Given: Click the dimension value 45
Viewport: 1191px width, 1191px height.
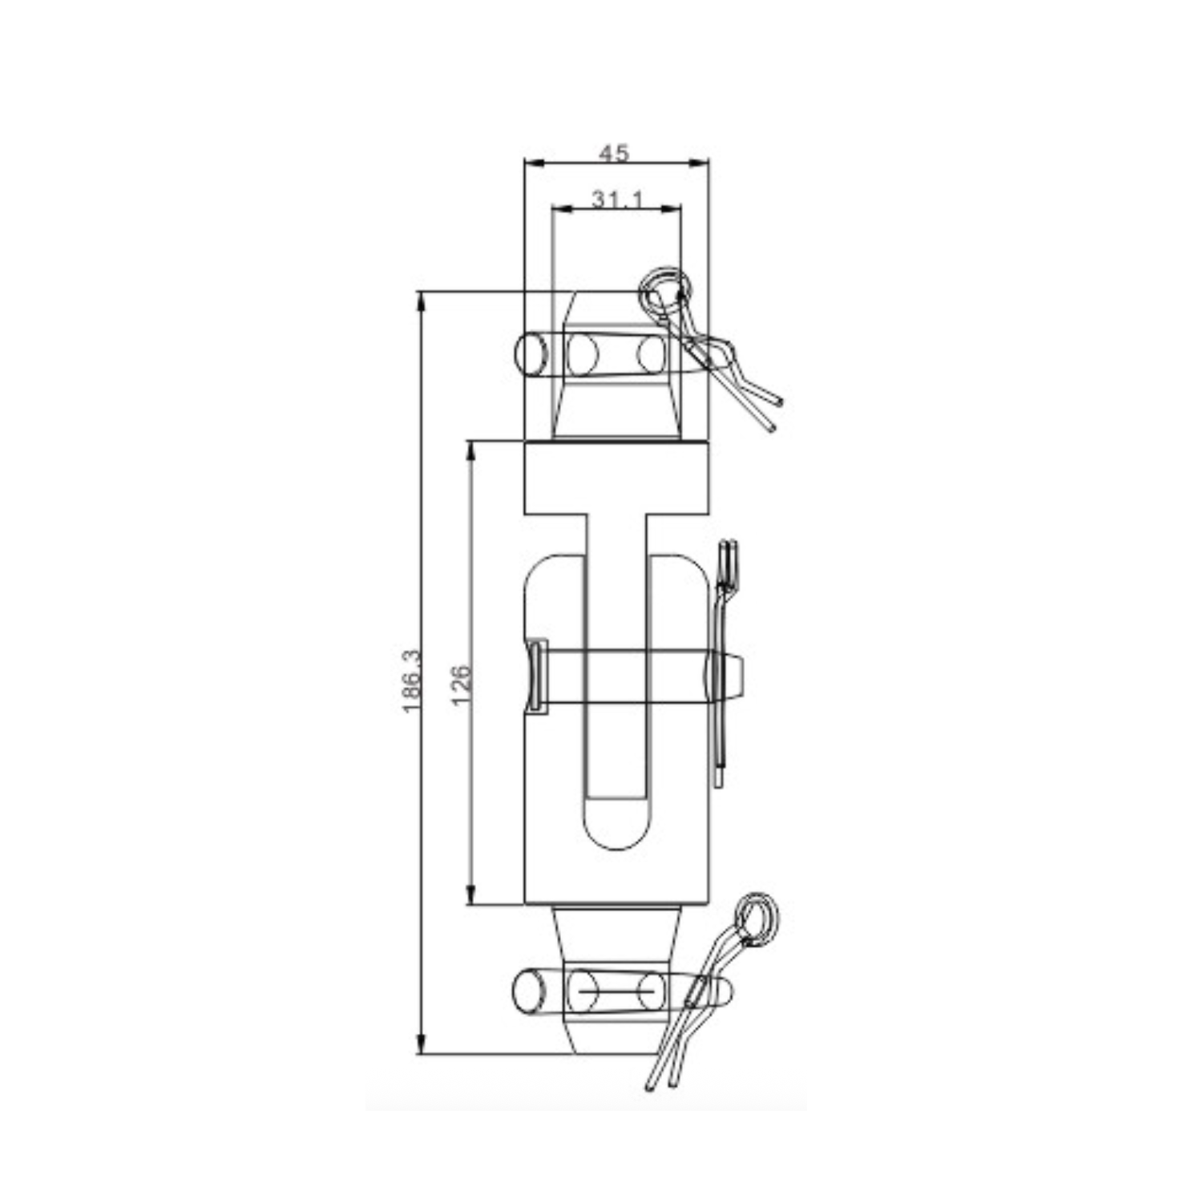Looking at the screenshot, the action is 614,152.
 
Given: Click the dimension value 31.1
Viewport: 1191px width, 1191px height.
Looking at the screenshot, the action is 616,199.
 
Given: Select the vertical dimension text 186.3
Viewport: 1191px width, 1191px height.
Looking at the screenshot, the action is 410,680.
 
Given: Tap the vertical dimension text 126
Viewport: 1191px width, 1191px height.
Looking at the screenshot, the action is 461,684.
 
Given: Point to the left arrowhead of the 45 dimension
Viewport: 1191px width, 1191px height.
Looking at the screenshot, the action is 534,163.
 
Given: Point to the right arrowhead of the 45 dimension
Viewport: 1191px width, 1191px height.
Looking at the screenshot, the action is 700,163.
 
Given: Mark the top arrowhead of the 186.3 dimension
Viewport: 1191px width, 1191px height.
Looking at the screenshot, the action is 420,302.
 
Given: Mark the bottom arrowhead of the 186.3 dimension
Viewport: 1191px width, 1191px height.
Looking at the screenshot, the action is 420,1043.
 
